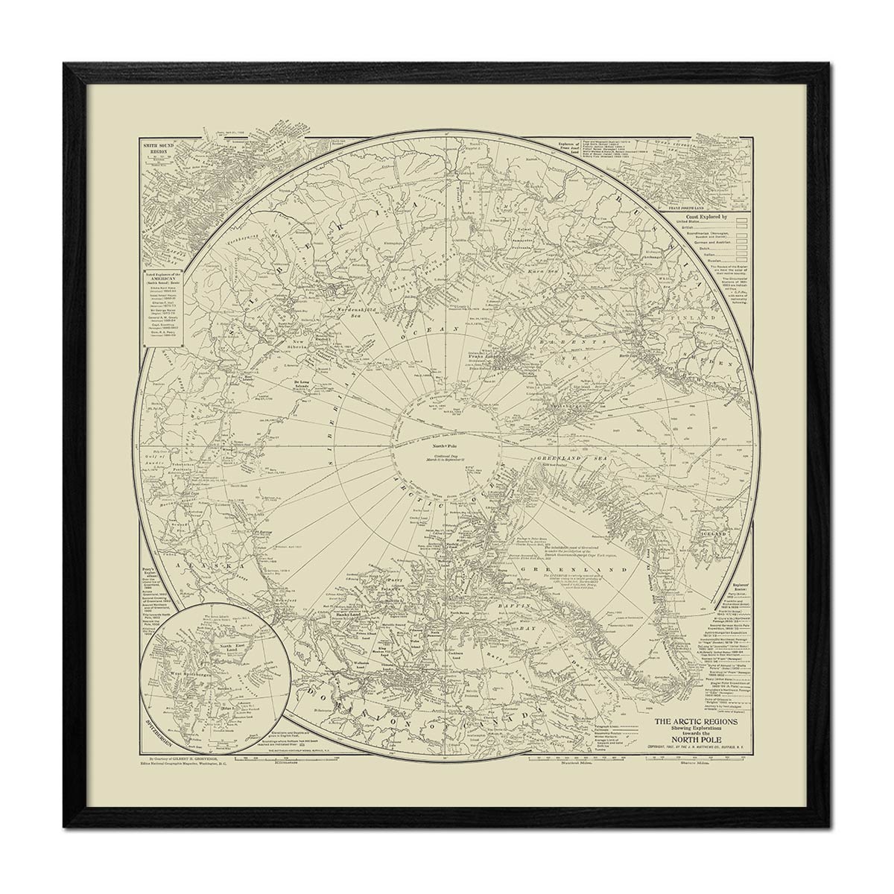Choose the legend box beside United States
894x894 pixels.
[x=741, y=222]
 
